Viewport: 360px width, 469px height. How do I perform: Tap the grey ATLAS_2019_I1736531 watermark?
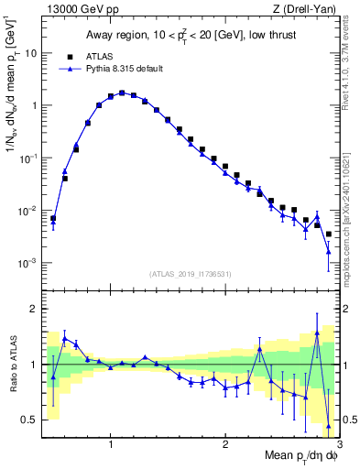(x=191, y=274)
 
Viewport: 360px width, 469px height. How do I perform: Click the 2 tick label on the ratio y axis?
(x=33, y=309)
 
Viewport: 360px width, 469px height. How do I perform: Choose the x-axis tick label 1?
(x=111, y=444)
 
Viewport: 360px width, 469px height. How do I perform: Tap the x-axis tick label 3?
(x=338, y=444)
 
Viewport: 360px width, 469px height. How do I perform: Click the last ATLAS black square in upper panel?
(x=328, y=234)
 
